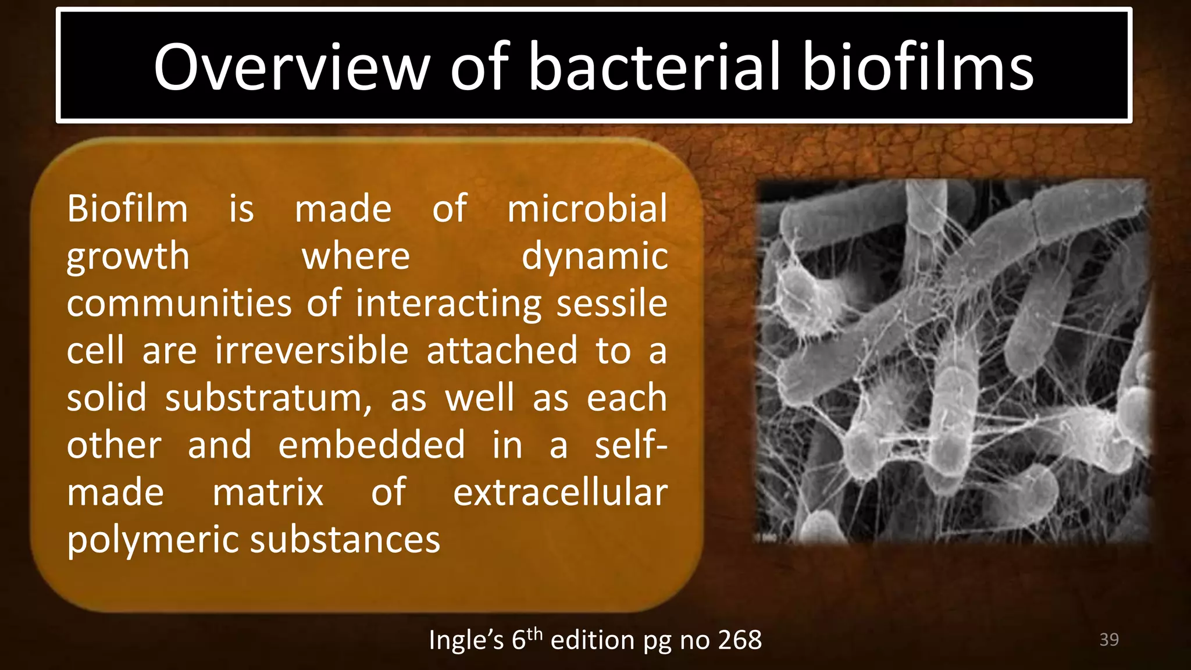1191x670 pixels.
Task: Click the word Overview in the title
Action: (291, 67)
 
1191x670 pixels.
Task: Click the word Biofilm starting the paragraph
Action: (127, 209)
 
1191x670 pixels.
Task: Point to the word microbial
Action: (587, 209)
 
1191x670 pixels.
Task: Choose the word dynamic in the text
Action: (594, 256)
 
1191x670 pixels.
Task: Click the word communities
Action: (179, 304)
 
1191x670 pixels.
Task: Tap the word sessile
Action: (611, 304)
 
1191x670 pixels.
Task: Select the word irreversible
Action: (312, 351)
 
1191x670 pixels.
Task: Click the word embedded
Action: (372, 446)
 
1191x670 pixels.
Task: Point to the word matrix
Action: (268, 493)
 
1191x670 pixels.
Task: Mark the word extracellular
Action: (560, 493)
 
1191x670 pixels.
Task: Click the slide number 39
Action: (1109, 640)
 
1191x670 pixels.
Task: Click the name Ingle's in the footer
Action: (466, 640)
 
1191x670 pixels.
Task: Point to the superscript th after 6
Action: (534, 633)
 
